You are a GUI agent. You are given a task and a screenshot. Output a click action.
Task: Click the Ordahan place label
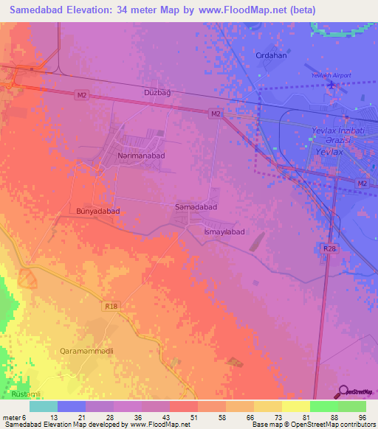coord(270,55)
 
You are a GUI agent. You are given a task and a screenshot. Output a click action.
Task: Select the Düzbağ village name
coord(157,92)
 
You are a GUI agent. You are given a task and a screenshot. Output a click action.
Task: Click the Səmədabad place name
coord(196,208)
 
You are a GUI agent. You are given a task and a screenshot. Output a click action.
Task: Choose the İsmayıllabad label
coord(224,231)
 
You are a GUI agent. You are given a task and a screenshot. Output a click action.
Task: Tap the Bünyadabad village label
coord(97,211)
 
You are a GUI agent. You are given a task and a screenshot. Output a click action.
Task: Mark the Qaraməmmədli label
coord(86,352)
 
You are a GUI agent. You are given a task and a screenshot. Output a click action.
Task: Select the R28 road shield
coord(329,249)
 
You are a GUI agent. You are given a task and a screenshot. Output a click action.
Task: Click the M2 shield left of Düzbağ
coord(82,94)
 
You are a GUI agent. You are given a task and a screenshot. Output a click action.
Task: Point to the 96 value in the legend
coord(362,418)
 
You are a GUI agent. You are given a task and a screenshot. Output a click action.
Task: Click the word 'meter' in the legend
coord(12,418)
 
